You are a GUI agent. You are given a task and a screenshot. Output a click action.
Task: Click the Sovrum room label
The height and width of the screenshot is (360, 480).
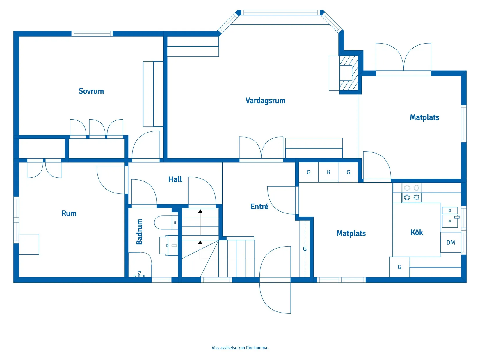91,91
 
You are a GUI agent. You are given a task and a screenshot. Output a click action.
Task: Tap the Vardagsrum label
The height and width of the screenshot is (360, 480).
265,101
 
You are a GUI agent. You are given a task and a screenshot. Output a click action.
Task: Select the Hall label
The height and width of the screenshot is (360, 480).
175,179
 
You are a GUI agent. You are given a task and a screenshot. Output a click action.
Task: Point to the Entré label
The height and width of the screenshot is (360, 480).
259,206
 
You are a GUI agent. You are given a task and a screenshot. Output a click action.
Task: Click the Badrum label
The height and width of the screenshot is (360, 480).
139,231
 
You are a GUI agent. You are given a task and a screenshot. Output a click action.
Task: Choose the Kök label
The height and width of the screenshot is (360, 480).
416,232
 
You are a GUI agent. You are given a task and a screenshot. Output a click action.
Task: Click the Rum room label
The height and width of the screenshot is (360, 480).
69,213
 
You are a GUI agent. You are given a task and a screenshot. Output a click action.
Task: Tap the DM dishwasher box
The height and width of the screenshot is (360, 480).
451,242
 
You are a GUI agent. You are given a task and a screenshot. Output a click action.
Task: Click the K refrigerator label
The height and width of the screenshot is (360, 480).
328,172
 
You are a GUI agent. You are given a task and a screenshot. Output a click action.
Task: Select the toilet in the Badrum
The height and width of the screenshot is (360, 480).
166,222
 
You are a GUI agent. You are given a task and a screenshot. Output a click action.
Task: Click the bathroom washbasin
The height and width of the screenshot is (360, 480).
169,245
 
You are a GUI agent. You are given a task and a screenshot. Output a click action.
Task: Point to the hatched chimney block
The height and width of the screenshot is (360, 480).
349,73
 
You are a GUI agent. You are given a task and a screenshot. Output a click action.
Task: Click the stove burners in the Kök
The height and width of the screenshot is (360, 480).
412,193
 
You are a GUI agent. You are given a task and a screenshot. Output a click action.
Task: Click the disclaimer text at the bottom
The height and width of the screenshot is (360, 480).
240,347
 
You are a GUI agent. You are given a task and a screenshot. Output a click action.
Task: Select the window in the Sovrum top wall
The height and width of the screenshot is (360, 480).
92,34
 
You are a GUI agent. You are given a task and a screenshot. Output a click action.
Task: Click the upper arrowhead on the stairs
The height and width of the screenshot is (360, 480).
200,211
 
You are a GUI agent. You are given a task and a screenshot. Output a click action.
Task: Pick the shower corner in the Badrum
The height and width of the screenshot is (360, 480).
140,265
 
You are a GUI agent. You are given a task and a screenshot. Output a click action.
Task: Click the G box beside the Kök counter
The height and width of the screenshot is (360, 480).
399,267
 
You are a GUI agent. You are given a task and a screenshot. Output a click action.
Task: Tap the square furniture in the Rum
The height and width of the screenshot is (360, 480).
29,244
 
